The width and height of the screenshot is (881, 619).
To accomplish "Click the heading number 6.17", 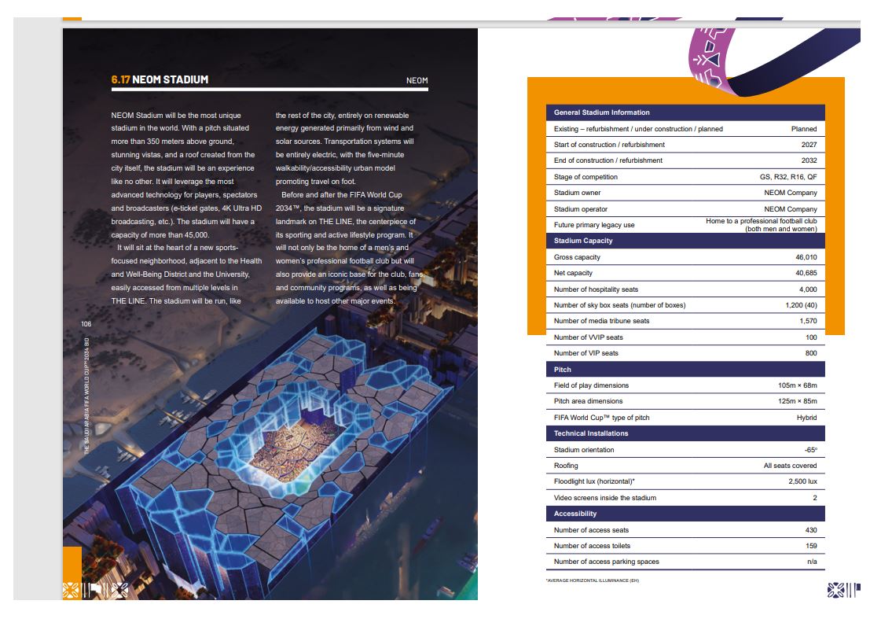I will click(120, 79).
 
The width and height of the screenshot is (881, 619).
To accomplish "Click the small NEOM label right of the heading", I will click(417, 80).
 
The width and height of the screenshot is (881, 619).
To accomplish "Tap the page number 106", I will click(86, 324).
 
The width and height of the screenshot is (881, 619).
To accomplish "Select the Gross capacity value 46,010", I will click(806, 257).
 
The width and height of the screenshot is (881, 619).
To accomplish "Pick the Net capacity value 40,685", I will click(806, 273).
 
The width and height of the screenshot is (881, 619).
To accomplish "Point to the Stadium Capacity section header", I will click(583, 241).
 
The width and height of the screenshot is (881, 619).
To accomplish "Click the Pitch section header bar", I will click(684, 369).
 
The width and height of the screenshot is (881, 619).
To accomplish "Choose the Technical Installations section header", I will click(591, 433).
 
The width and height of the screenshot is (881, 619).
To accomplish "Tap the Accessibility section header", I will click(575, 514).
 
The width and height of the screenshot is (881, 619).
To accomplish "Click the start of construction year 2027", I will click(809, 145).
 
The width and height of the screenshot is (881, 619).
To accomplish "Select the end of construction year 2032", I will click(809, 160).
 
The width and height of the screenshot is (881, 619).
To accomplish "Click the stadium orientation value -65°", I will click(809, 450).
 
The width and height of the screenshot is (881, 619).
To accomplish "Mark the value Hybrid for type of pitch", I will click(806, 418).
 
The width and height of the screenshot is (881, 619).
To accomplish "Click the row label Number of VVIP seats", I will click(588, 337).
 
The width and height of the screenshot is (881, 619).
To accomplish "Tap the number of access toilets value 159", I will click(810, 546).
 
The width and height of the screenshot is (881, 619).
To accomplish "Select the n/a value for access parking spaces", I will click(812, 562).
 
